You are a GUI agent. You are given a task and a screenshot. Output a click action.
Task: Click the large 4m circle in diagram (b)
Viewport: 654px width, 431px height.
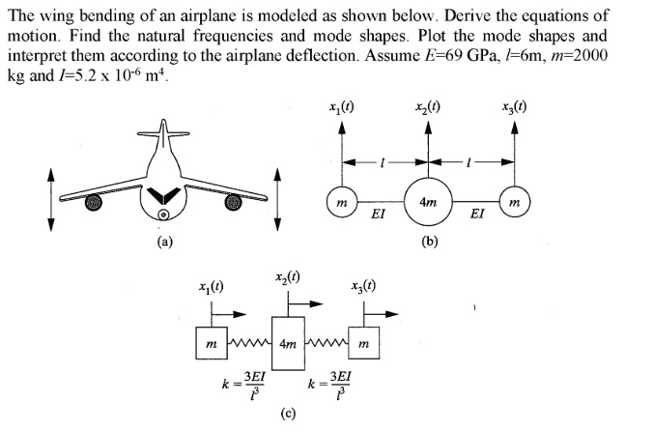coord(426,201)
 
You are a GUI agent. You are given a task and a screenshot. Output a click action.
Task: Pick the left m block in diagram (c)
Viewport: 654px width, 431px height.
coord(211,344)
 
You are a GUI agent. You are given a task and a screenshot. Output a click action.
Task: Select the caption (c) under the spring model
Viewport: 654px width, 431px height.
coord(288,417)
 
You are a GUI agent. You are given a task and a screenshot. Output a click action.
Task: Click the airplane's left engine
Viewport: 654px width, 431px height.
coord(94,202)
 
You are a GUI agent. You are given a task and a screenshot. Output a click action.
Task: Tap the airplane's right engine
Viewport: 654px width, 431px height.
coord(233,202)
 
